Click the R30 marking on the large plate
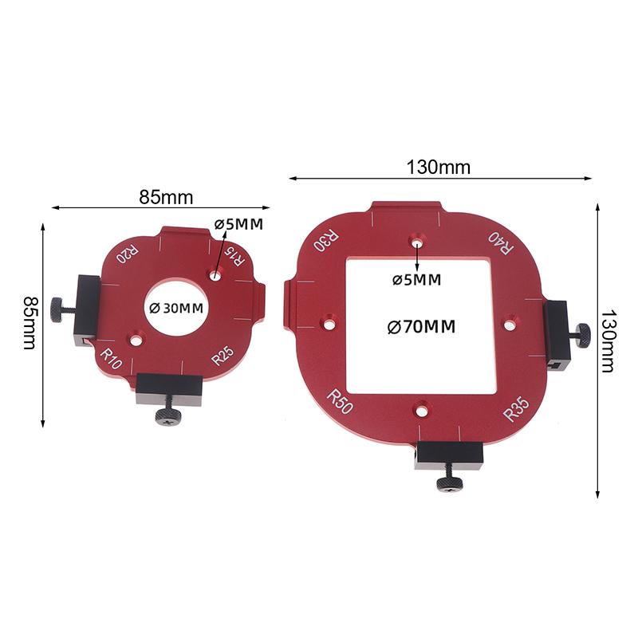[x=325, y=242]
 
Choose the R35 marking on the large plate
[x=516, y=412]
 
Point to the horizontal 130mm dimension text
[x=439, y=167]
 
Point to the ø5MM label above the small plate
[x=238, y=225]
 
